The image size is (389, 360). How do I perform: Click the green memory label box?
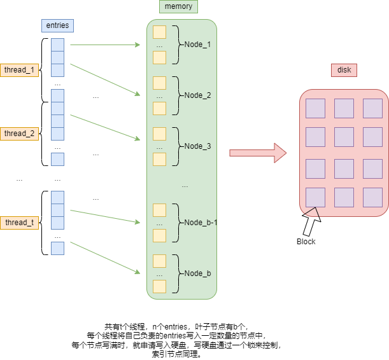pyautogui.click(x=178, y=7)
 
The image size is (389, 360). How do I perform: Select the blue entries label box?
pyautogui.click(x=57, y=25)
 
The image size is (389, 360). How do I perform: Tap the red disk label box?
pyautogui.click(x=344, y=70)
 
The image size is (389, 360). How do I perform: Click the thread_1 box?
pyautogui.click(x=19, y=70)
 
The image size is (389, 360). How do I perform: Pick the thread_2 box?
pyautogui.click(x=19, y=134)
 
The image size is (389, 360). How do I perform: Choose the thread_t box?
pyautogui.click(x=19, y=223)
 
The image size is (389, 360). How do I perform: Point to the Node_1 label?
pyautogui.click(x=197, y=45)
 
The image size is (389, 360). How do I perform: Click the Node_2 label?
pyautogui.click(x=197, y=95)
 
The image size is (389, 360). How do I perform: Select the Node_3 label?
pyautogui.click(x=197, y=146)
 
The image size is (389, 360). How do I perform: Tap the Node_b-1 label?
pyautogui.click(x=201, y=223)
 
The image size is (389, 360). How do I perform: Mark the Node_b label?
pyautogui.click(x=197, y=273)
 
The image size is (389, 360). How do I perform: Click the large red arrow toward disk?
pyautogui.click(x=258, y=153)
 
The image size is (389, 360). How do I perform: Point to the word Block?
pyautogui.click(x=306, y=242)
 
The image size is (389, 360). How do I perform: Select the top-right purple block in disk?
pyautogui.click(x=372, y=108)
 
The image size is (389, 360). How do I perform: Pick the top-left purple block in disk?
pyautogui.click(x=315, y=108)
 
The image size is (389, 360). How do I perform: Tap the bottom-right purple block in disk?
pyautogui.click(x=372, y=197)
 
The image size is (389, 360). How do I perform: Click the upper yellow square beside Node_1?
pyautogui.click(x=159, y=32)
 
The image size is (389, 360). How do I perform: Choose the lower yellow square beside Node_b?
pyautogui.click(x=159, y=286)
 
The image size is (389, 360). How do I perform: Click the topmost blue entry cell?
pyautogui.click(x=57, y=45)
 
